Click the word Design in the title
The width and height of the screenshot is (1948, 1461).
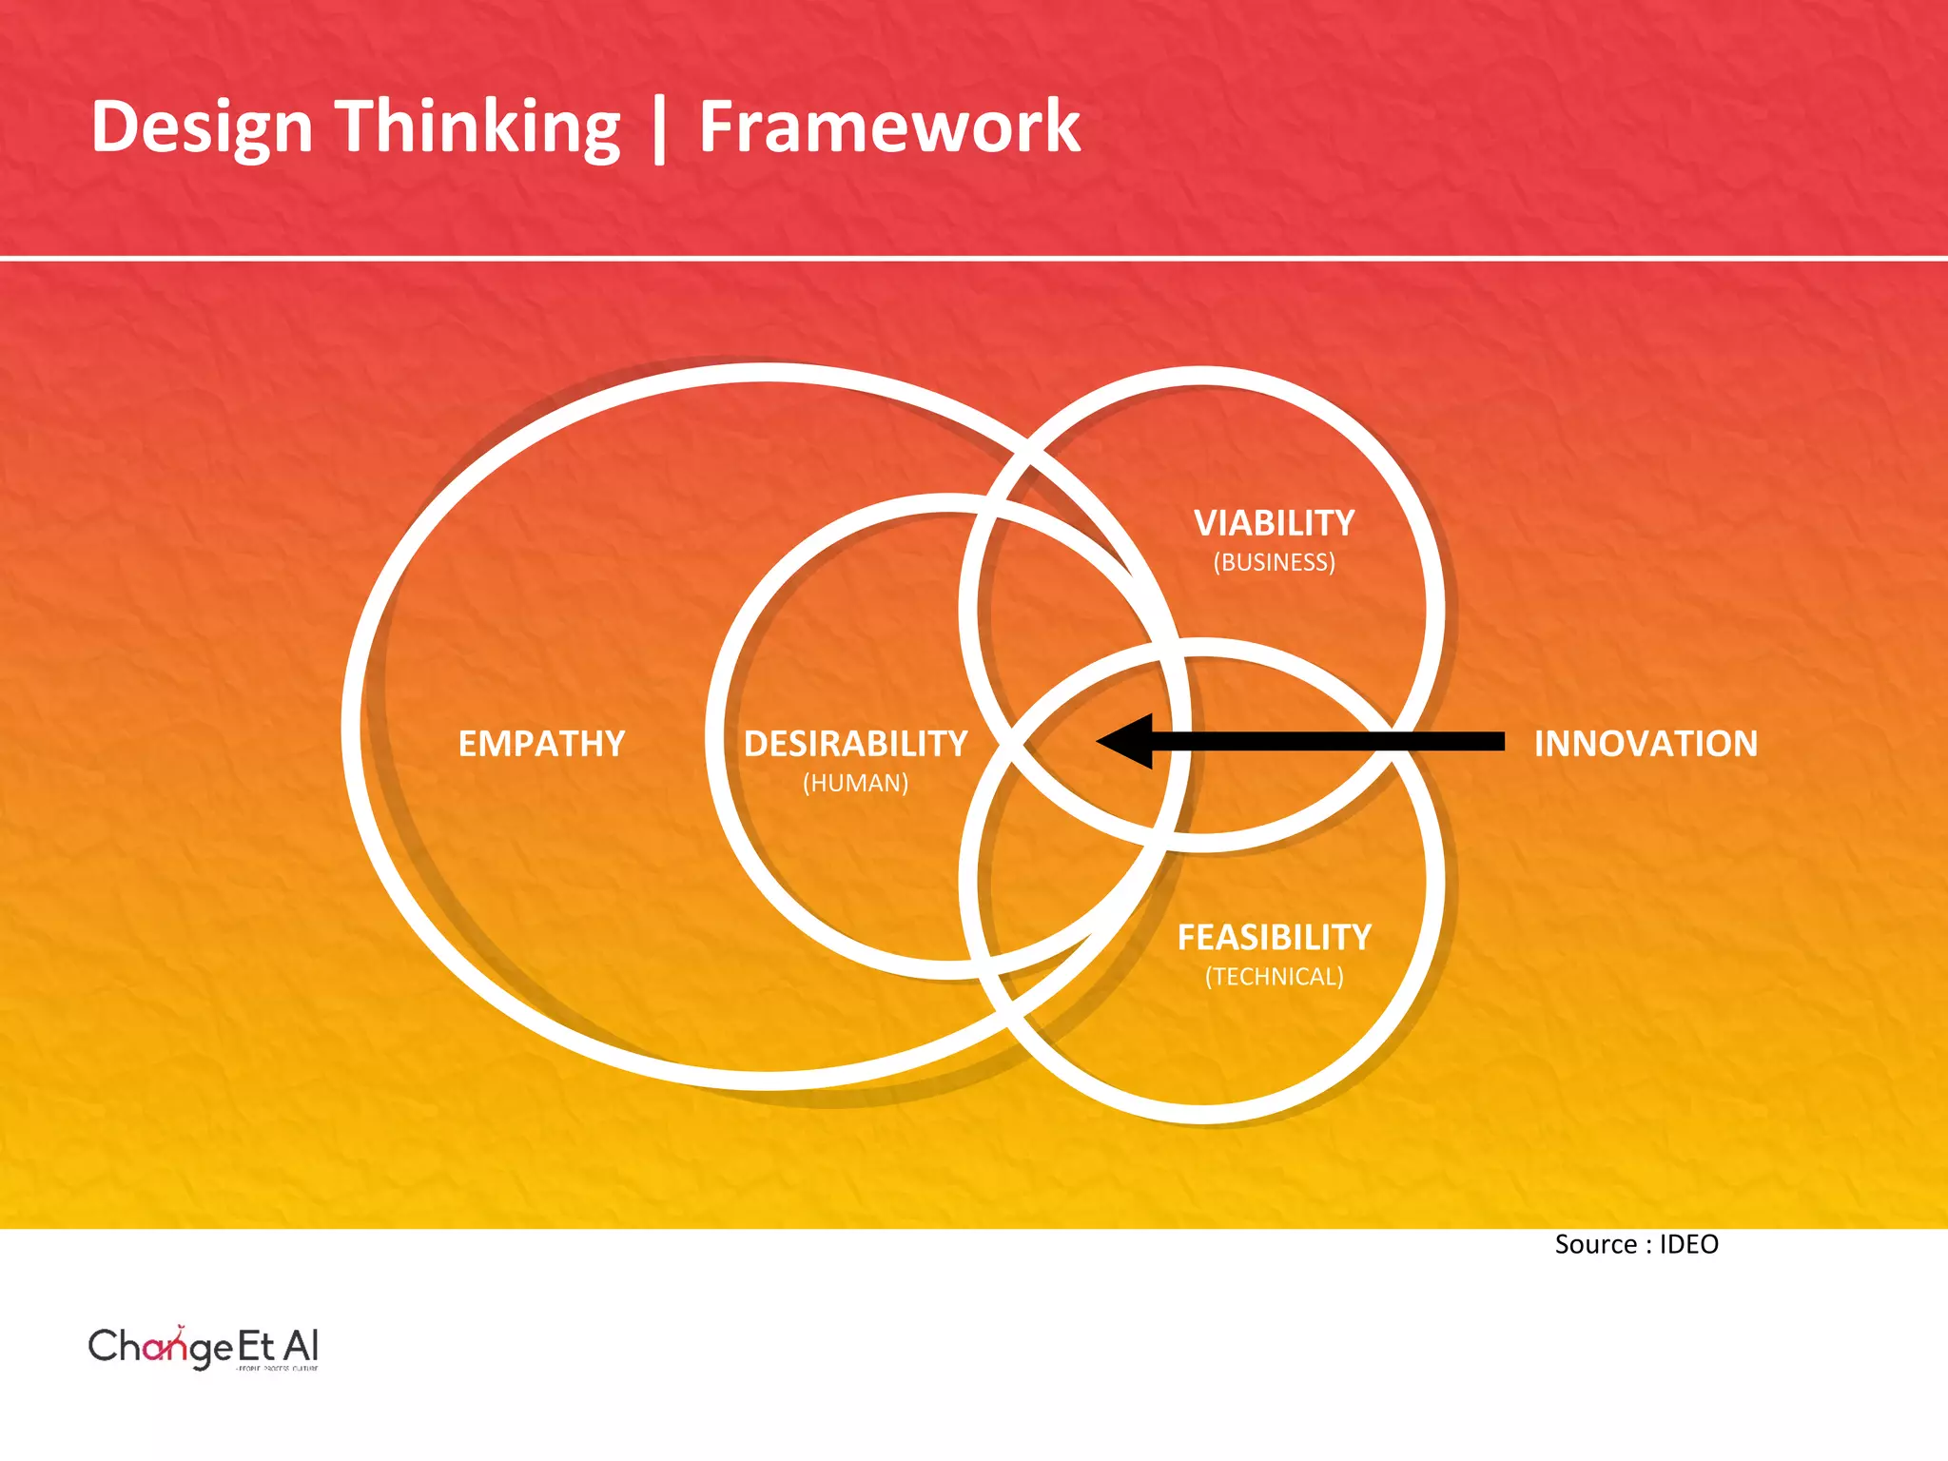click(202, 127)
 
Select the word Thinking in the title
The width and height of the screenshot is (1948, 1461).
click(479, 127)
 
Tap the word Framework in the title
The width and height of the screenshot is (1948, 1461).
click(889, 127)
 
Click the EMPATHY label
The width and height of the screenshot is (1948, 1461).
click(541, 744)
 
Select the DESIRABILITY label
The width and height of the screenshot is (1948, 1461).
click(855, 744)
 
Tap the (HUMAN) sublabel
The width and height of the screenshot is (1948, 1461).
click(855, 783)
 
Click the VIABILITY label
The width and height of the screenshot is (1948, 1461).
click(1274, 523)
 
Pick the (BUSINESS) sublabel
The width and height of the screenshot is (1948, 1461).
click(1274, 562)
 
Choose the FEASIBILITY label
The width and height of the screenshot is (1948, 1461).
click(1274, 938)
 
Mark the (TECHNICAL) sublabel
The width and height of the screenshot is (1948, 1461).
click(1274, 977)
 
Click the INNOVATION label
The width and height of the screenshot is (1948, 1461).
click(1646, 744)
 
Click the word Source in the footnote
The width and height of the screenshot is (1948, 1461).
click(1595, 1245)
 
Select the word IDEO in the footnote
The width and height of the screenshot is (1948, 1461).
click(1688, 1245)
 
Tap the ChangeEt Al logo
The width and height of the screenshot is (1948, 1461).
click(204, 1346)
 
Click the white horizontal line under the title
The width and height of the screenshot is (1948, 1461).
click(974, 258)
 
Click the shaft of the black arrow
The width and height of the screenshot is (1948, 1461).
click(1332, 741)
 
